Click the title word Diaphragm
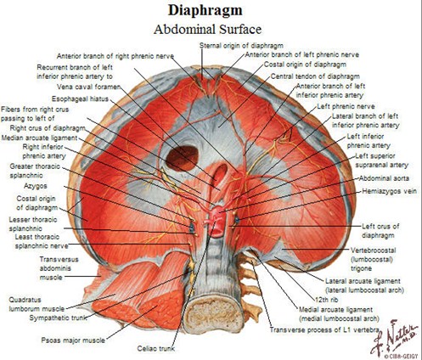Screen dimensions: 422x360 coord(205,10)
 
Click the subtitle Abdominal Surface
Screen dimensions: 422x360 coord(207,29)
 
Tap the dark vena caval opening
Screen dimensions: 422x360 coord(182,158)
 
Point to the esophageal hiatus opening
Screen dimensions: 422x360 coord(220,172)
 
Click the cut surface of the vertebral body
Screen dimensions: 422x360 coord(213,313)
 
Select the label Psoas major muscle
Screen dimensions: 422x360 coord(73,340)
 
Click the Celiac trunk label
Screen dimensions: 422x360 coord(155,348)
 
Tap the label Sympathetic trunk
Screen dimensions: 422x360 coord(58,318)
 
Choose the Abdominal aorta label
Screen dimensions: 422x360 coord(384,178)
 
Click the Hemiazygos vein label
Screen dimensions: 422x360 coord(390,191)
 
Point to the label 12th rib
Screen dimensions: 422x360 coord(327,300)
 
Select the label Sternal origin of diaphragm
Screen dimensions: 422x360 coord(241,45)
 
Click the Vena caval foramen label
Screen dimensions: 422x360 coord(89,87)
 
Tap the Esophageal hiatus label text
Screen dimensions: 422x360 coord(80,98)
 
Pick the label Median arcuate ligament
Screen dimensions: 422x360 coord(39,138)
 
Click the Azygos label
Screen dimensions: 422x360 coord(36,186)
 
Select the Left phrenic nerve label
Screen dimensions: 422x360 coord(346,106)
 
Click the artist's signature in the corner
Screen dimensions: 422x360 coord(395,338)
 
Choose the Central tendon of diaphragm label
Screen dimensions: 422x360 coord(315,76)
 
